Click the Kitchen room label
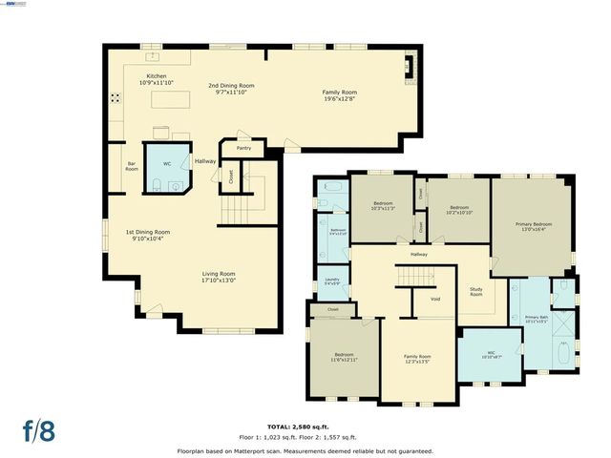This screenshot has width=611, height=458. click(156, 77)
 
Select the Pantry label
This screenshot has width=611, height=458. click(243, 149)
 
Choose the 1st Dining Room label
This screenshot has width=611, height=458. click(148, 232)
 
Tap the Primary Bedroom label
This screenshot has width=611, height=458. click(536, 224)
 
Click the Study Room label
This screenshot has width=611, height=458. click(474, 293)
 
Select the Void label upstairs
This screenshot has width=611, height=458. click(435, 300)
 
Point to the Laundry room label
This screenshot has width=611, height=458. click(332, 281)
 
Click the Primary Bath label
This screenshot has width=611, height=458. click(536, 319)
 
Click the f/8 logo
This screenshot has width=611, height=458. click(39, 429)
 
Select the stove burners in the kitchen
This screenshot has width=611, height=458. click(116, 96)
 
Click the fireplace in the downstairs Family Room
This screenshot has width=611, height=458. click(411, 66)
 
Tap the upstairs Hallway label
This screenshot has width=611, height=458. click(418, 255)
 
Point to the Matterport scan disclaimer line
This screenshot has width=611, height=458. click(305, 450)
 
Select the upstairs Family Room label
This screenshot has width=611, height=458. click(417, 359)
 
